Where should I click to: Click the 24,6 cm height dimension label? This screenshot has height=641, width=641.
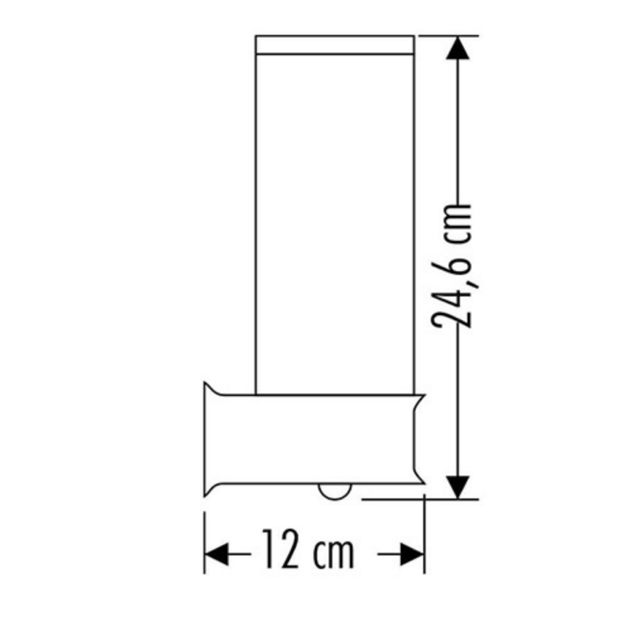tap(451, 266)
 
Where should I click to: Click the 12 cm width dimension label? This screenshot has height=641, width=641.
tap(307, 549)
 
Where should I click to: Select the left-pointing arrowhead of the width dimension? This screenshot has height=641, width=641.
tap(216, 554)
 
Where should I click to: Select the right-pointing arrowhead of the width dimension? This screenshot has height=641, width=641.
tap(413, 554)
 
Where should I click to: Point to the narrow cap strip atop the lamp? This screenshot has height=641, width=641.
tap(335, 45)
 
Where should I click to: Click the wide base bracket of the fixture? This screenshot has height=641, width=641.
tap(314, 439)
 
